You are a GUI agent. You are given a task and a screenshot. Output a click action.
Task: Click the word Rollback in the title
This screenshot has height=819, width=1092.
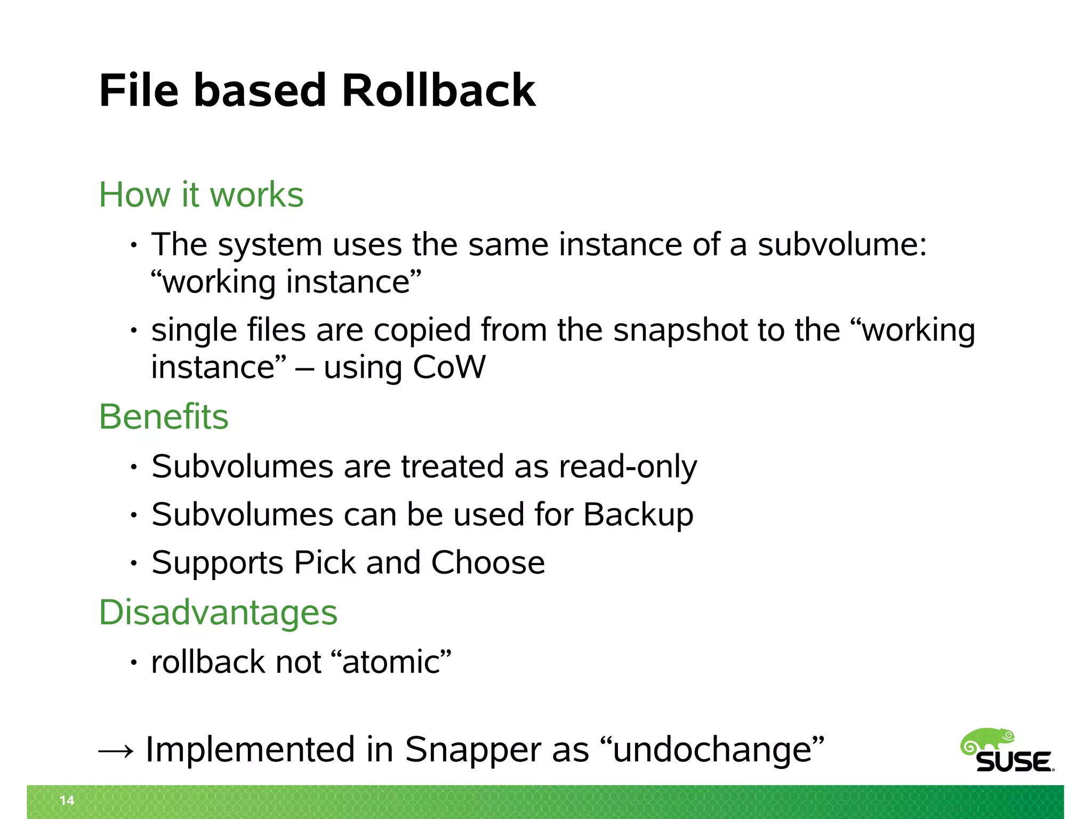coord(438,91)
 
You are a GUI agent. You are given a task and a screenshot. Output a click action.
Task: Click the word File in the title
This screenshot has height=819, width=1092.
coord(139,91)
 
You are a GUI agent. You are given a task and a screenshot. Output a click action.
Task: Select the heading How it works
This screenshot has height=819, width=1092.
coord(201,195)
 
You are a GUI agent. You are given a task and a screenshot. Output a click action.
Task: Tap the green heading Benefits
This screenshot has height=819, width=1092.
coord(164,416)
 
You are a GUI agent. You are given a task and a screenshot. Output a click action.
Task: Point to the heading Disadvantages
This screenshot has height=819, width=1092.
coord(218,612)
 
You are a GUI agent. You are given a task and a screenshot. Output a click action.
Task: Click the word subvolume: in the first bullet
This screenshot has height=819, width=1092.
coord(842,245)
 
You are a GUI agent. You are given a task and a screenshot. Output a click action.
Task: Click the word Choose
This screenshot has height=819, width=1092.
coord(487,563)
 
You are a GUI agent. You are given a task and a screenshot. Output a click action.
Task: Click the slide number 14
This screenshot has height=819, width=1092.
coord(67,800)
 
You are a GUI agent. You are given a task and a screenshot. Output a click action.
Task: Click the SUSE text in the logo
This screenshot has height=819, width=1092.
coord(1014,762)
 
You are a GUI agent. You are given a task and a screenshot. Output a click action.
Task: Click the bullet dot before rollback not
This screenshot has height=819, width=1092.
coord(134,663)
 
